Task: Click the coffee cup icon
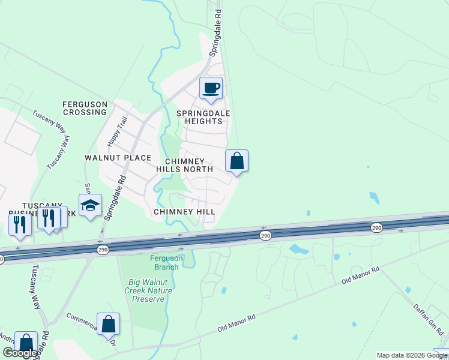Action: coord(211,88)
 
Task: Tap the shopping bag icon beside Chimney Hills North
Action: coord(237,161)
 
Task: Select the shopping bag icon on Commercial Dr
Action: coord(108,324)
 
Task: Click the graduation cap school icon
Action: coord(90,205)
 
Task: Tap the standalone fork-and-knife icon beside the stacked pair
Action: coord(20,223)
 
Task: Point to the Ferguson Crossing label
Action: coord(85,108)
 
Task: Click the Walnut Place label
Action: coord(118,158)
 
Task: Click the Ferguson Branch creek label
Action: coord(164,262)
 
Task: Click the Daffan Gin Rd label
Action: coord(427,319)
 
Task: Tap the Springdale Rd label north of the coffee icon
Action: coord(215,33)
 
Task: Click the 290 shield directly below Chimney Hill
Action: coord(265,236)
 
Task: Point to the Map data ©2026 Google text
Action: coord(412,355)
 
